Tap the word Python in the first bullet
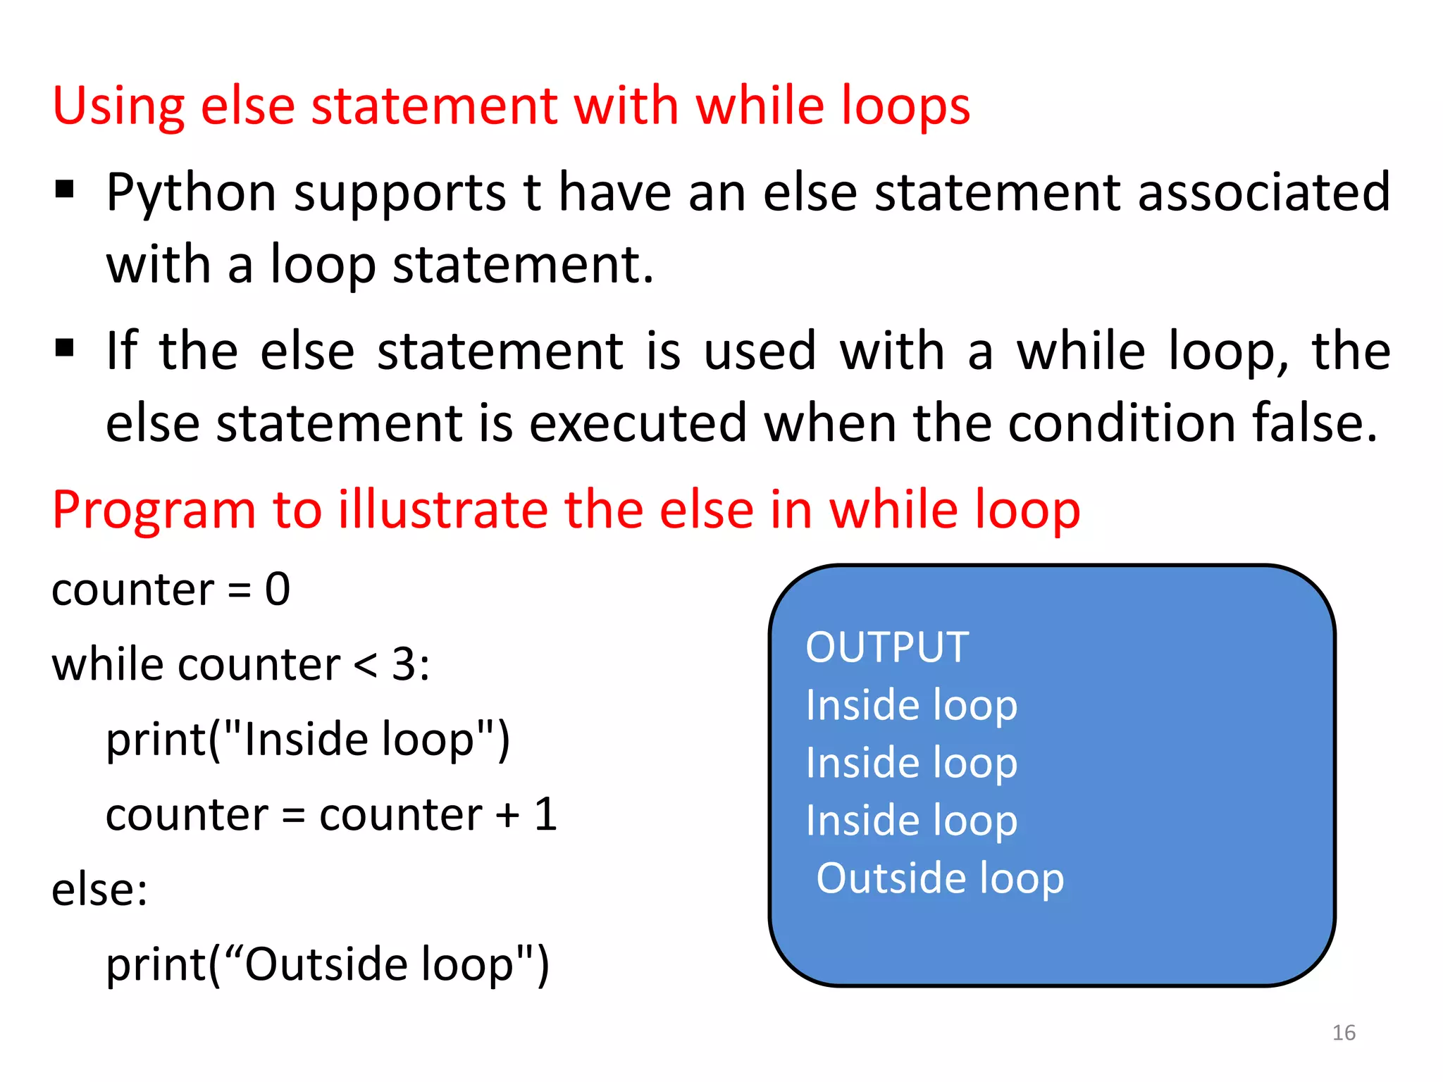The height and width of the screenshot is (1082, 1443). tap(191, 193)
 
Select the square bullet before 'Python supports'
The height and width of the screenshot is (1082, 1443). tap(64, 189)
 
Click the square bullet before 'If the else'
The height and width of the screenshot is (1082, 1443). tap(64, 348)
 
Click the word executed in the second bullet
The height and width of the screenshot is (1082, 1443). tap(638, 423)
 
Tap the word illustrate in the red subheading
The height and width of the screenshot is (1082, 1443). tap(442, 510)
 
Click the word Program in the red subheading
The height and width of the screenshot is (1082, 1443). tap(154, 511)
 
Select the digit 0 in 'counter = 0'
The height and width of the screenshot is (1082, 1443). tap(278, 590)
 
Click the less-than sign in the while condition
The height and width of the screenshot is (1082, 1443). tap(365, 665)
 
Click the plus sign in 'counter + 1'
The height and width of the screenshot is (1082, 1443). tap(507, 816)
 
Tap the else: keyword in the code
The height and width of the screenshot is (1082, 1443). tap(99, 890)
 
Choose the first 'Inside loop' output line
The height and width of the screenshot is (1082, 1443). tap(911, 705)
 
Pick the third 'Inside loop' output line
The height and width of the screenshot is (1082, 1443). tap(911, 821)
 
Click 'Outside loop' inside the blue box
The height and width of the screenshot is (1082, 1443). tap(939, 878)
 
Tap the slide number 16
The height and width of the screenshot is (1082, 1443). tap(1344, 1033)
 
